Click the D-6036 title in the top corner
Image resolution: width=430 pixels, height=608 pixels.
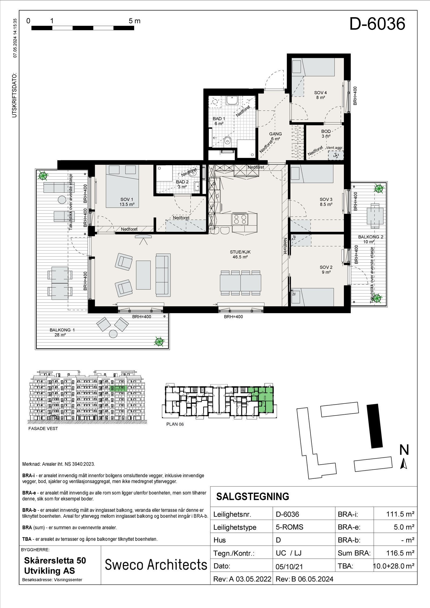377,24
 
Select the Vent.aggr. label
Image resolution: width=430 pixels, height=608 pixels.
335,148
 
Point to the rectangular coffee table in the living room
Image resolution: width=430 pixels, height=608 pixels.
143,275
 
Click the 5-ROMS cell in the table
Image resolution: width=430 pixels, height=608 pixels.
289,527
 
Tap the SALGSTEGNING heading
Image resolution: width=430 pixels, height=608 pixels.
253,497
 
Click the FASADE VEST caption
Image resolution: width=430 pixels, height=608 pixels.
43,429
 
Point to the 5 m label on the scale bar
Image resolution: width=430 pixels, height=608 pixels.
134,21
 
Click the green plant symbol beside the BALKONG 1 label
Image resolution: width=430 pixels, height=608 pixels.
159,341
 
